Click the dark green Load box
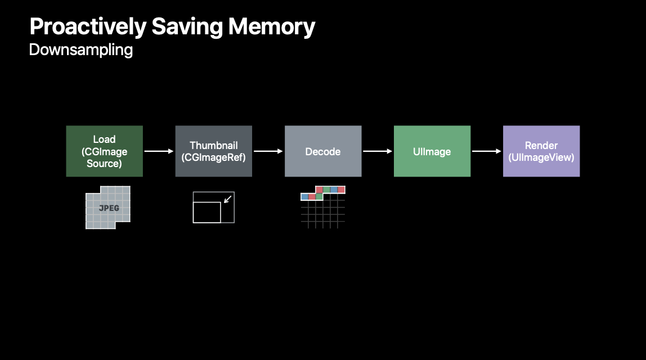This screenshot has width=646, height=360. (x=104, y=151)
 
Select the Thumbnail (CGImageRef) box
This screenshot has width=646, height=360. (x=213, y=151)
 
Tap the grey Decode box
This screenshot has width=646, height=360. (x=322, y=151)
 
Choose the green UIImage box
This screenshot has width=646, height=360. (x=432, y=151)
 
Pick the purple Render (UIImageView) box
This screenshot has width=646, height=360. (x=541, y=151)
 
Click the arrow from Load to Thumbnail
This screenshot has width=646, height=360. (x=159, y=151)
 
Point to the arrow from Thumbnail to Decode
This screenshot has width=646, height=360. (x=268, y=151)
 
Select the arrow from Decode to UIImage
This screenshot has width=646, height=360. (x=377, y=151)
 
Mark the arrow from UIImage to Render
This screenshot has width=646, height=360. (x=486, y=151)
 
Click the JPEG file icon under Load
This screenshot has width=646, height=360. (x=107, y=208)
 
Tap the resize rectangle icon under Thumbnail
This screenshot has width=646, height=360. (x=213, y=208)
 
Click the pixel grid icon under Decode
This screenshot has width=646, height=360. (x=322, y=207)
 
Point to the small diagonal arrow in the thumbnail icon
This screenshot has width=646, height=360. (x=227, y=199)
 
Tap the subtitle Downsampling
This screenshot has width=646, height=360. (x=80, y=50)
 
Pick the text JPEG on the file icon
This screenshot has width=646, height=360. (x=109, y=208)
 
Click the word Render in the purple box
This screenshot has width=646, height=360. (x=541, y=146)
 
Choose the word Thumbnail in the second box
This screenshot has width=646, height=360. (x=213, y=146)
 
